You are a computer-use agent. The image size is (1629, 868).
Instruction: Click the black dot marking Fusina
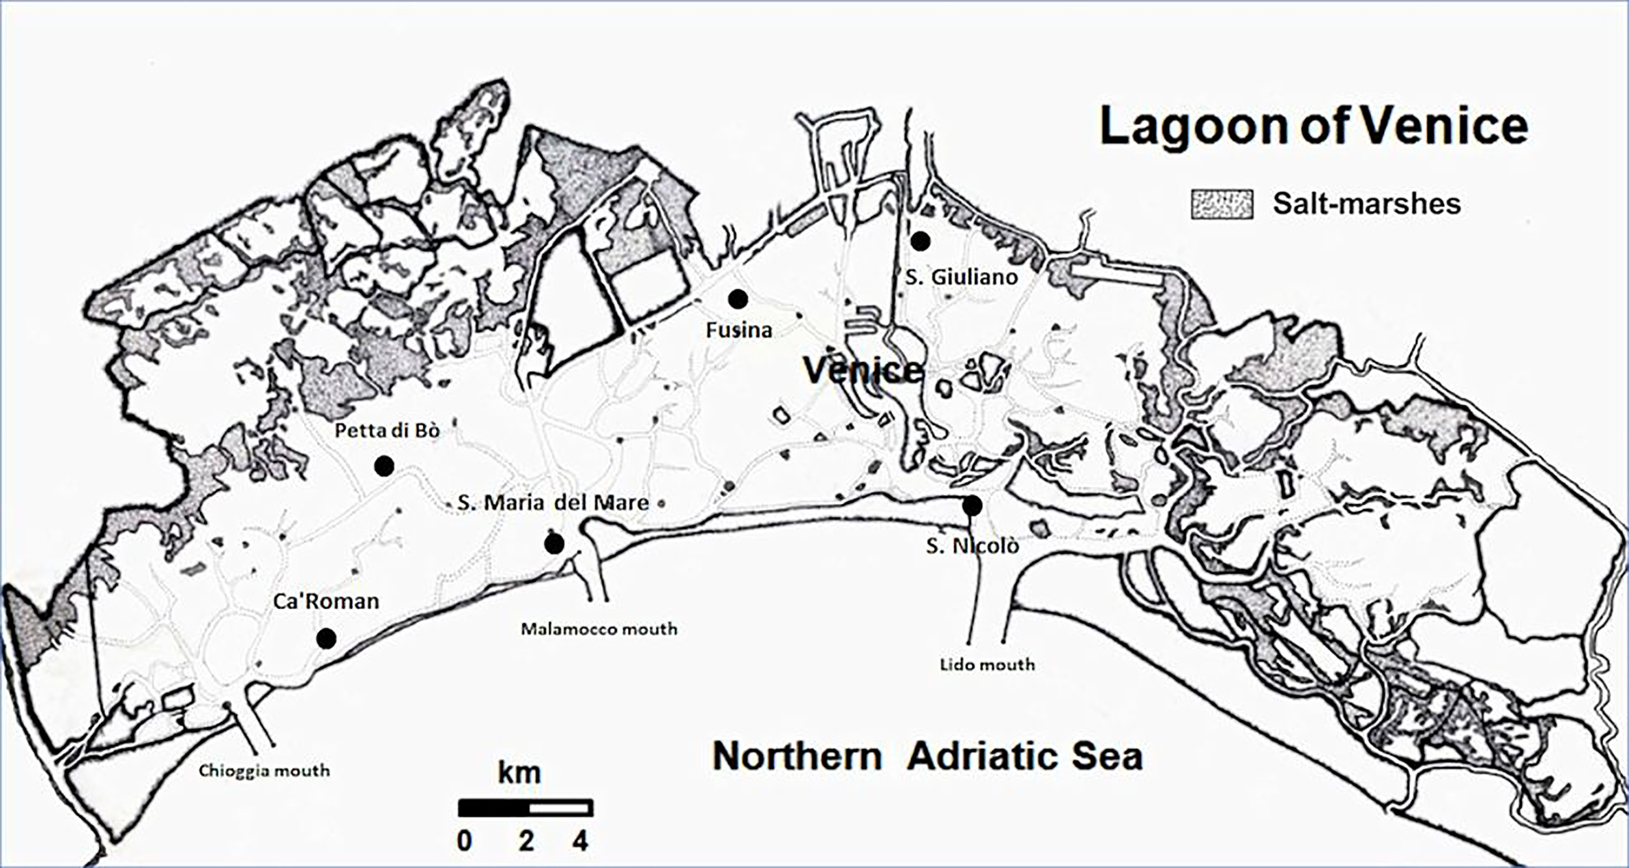click(738, 300)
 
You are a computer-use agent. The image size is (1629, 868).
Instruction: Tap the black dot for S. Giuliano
click(919, 241)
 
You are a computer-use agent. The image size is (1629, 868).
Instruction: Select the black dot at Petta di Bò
click(384, 466)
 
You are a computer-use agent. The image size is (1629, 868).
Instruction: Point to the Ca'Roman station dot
click(326, 639)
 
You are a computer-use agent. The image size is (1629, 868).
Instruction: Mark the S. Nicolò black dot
click(972, 505)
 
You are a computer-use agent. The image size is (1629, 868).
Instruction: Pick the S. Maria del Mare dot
click(554, 544)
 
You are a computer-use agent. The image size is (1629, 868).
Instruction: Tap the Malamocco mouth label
click(599, 629)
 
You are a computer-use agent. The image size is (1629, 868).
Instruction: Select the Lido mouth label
click(987, 665)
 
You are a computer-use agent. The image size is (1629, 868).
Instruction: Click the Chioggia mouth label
click(264, 771)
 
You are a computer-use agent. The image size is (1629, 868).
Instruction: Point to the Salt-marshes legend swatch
click(1222, 204)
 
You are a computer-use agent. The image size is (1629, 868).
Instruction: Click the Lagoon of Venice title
click(1313, 126)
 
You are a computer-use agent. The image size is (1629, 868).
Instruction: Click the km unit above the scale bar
click(519, 774)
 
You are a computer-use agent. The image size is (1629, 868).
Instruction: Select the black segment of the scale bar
click(493, 808)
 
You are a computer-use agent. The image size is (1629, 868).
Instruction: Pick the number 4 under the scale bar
click(580, 841)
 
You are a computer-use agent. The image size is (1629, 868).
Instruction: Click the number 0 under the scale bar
click(464, 841)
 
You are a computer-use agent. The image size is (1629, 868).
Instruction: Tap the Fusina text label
click(738, 330)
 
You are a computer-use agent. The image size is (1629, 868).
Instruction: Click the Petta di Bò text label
click(387, 430)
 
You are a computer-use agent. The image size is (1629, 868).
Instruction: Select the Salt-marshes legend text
click(1366, 204)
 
